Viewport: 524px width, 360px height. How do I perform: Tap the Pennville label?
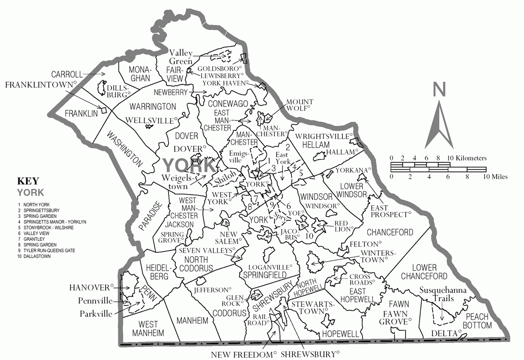(x=95, y=301)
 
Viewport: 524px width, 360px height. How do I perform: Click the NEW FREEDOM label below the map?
(x=244, y=354)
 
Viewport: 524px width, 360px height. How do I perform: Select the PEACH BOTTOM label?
(x=478, y=321)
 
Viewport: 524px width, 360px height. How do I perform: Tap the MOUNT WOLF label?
(x=298, y=105)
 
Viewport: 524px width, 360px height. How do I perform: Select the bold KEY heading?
(x=28, y=181)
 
